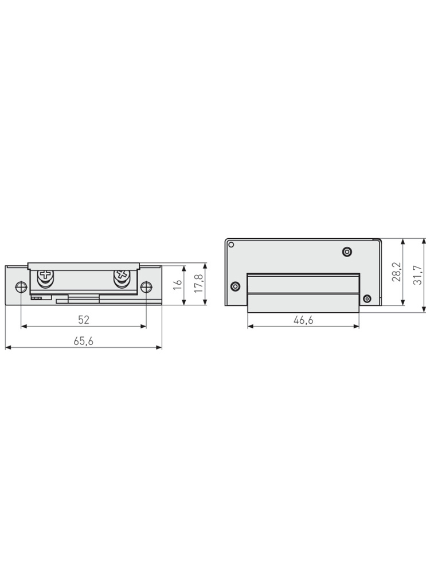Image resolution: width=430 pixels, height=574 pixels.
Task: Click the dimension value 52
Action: (84, 320)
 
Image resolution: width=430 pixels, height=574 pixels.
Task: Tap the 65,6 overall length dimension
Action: (84, 341)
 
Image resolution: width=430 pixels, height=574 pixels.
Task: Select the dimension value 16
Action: (177, 285)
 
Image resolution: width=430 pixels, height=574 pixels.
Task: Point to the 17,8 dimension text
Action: (198, 284)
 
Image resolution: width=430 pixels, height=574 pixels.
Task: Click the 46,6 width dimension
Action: (303, 320)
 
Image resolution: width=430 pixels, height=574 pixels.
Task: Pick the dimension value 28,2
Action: (396, 272)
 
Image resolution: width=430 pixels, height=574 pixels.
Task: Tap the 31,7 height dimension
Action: (418, 275)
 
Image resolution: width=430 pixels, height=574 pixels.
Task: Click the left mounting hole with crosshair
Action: (21, 288)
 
